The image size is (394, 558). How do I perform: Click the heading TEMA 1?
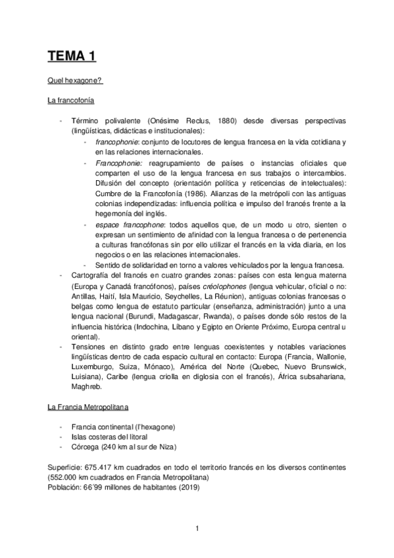point(72,56)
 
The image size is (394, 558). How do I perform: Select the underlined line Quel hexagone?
point(74,82)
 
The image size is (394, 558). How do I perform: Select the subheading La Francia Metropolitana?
point(87,407)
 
